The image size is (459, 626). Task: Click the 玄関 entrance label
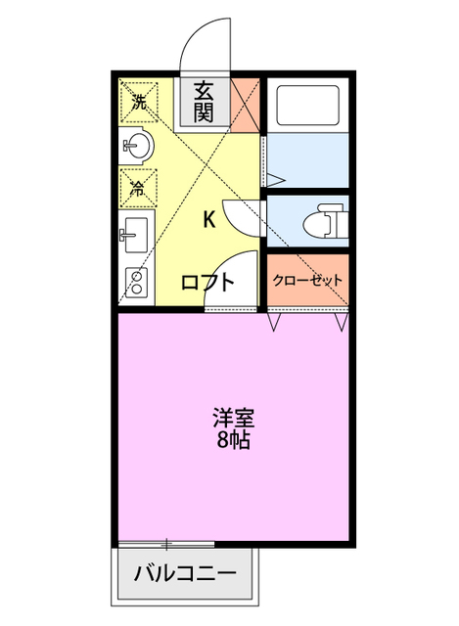204,101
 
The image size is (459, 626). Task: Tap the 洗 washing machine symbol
139,102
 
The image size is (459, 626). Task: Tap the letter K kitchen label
209,219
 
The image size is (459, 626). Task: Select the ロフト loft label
207,283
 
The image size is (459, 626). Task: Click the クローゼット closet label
308,281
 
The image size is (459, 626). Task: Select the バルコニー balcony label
185,572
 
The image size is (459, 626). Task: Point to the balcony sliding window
166,542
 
